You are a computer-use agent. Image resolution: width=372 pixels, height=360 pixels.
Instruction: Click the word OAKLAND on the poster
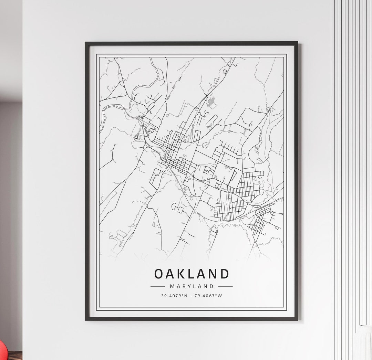[x=192, y=274]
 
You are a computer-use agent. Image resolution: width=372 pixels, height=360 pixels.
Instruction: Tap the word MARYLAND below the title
[x=192, y=286]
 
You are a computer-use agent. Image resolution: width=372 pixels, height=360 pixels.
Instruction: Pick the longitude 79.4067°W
[x=208, y=296]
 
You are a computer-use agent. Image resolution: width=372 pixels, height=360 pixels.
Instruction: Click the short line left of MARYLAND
[x=158, y=286]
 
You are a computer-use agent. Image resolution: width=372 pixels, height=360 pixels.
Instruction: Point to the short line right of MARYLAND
[x=225, y=286]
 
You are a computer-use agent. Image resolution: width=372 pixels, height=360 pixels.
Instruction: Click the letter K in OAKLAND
[x=182, y=274]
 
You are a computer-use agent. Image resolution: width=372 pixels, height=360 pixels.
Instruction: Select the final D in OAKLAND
[x=225, y=274]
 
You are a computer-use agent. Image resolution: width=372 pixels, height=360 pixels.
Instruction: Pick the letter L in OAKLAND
[x=192, y=274]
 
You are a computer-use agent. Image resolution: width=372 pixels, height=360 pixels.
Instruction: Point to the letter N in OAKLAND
[x=214, y=274]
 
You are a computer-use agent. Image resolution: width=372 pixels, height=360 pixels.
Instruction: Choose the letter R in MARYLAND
[x=183, y=286]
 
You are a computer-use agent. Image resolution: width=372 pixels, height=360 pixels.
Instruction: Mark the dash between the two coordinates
[x=192, y=296]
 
